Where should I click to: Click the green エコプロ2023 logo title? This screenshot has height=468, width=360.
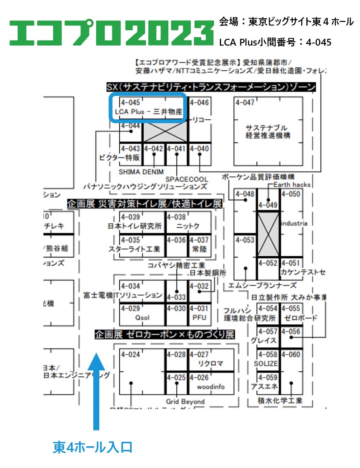pos(111,32)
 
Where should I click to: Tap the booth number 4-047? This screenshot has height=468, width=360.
pos(245,103)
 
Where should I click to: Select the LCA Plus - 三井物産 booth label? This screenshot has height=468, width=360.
pos(149,112)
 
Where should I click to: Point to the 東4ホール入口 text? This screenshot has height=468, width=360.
pos(93,447)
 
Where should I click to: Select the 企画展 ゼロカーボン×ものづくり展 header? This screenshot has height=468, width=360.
pos(165,335)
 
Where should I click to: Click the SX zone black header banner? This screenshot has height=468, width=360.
pos(211,87)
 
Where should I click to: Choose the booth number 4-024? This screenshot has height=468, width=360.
pos(130,355)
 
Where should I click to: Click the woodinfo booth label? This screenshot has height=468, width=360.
pos(210,387)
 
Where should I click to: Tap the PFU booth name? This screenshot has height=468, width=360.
pos(199,318)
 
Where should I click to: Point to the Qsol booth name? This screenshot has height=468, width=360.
pos(142,318)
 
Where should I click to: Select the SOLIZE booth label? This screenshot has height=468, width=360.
pos(266,364)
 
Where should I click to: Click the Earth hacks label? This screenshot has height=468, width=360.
pos(292,185)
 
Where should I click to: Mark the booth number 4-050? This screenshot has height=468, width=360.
pos(291,194)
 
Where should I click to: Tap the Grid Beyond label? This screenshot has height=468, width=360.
pos(185,402)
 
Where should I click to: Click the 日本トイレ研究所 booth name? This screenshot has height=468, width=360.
pos(135,226)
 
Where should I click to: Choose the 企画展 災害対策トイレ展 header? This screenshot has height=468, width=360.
pos(144,204)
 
